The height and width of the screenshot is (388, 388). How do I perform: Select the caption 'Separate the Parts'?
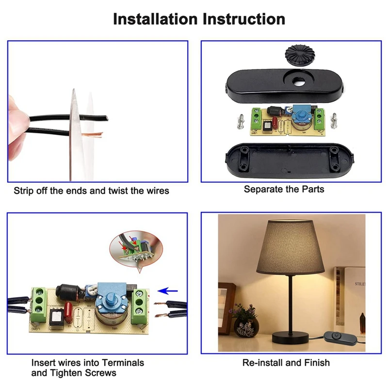pyautogui.click(x=284, y=189)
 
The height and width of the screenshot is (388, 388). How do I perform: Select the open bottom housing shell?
pyautogui.click(x=285, y=160)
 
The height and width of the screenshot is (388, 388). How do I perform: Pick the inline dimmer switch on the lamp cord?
pyautogui.click(x=337, y=335)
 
